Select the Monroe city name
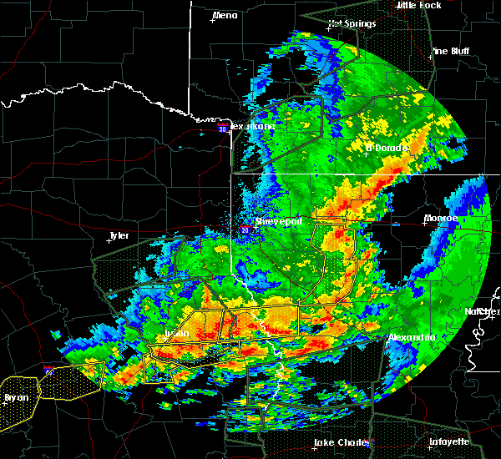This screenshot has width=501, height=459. pyautogui.click(x=440, y=218)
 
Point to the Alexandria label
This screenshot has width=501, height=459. pyautogui.click(x=412, y=337)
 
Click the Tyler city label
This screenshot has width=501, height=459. pyautogui.click(x=119, y=235)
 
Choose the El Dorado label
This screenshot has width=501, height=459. pyautogui.click(x=387, y=149)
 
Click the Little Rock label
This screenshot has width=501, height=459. pyautogui.click(x=417, y=5)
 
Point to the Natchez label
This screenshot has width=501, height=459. pyautogui.click(x=483, y=311)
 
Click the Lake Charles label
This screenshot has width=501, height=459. pyautogui.click(x=342, y=442)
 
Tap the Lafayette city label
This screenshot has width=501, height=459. pyautogui.click(x=449, y=441)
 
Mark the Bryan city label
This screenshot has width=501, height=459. pyautogui.click(x=16, y=398)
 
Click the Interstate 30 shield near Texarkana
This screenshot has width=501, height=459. pyautogui.click(x=222, y=129)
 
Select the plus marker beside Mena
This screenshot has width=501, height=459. pyautogui.click(x=213, y=20)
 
